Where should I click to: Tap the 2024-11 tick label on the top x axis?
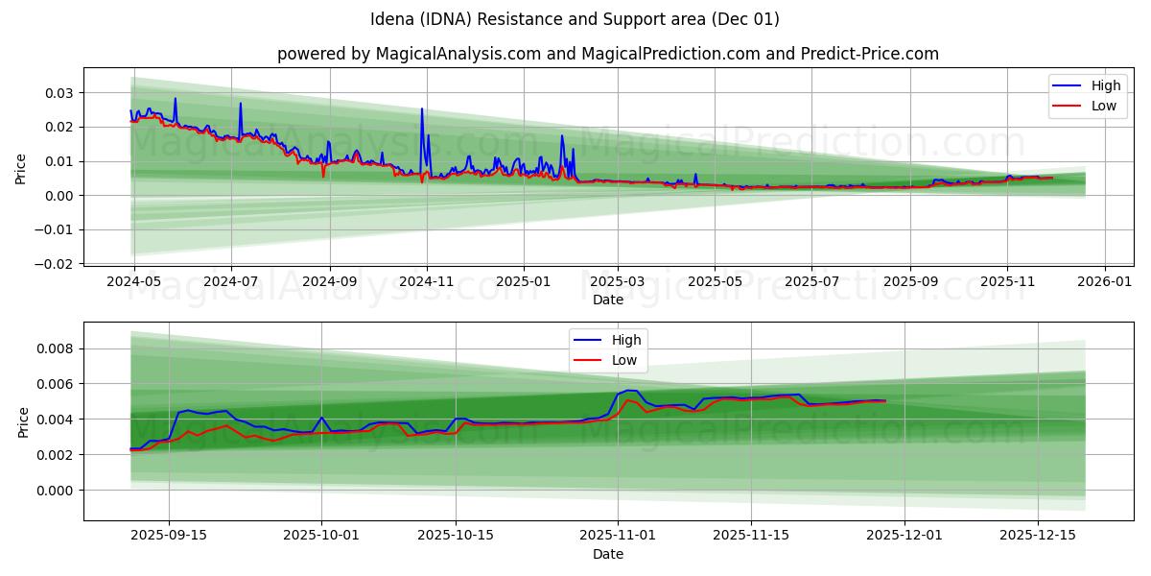pos(427,283)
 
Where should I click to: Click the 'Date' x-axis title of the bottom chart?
pos(608,555)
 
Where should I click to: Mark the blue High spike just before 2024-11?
pos(421,109)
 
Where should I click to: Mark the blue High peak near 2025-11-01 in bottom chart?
pos(626,391)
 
